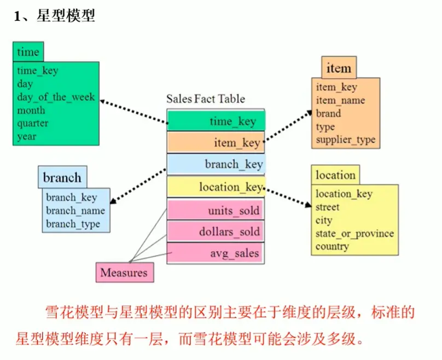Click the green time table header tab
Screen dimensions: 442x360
coord(28,52)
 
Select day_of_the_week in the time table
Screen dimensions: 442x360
coord(56,97)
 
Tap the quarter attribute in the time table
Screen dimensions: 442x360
coord(32,124)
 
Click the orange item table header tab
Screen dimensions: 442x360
coord(339,68)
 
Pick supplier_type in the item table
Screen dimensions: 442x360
coord(345,140)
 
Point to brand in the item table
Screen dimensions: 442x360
coord(328,114)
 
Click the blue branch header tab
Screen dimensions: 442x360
coord(62,178)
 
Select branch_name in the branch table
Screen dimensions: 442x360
coord(75,211)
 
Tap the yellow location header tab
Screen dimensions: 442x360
coord(335,176)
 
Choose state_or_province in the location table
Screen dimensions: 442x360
coord(354,234)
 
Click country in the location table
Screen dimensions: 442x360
coord(331,247)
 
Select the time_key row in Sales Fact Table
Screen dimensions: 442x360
coord(216,121)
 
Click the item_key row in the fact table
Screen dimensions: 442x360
coord(216,143)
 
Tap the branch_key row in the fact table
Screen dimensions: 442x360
coord(216,164)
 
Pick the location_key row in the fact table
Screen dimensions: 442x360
coord(216,187)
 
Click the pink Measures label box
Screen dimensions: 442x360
coord(124,272)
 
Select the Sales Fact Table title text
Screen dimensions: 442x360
coord(206,99)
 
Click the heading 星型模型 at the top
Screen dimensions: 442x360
coord(66,16)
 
